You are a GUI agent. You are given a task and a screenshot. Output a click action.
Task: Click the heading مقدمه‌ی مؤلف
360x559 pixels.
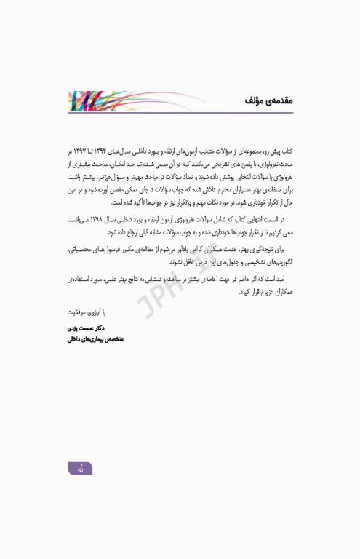(268, 100)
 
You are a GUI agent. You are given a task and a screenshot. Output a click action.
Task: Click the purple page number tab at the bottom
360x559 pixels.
(81, 469)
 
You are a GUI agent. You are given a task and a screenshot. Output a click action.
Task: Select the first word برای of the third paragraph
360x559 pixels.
(287, 248)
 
